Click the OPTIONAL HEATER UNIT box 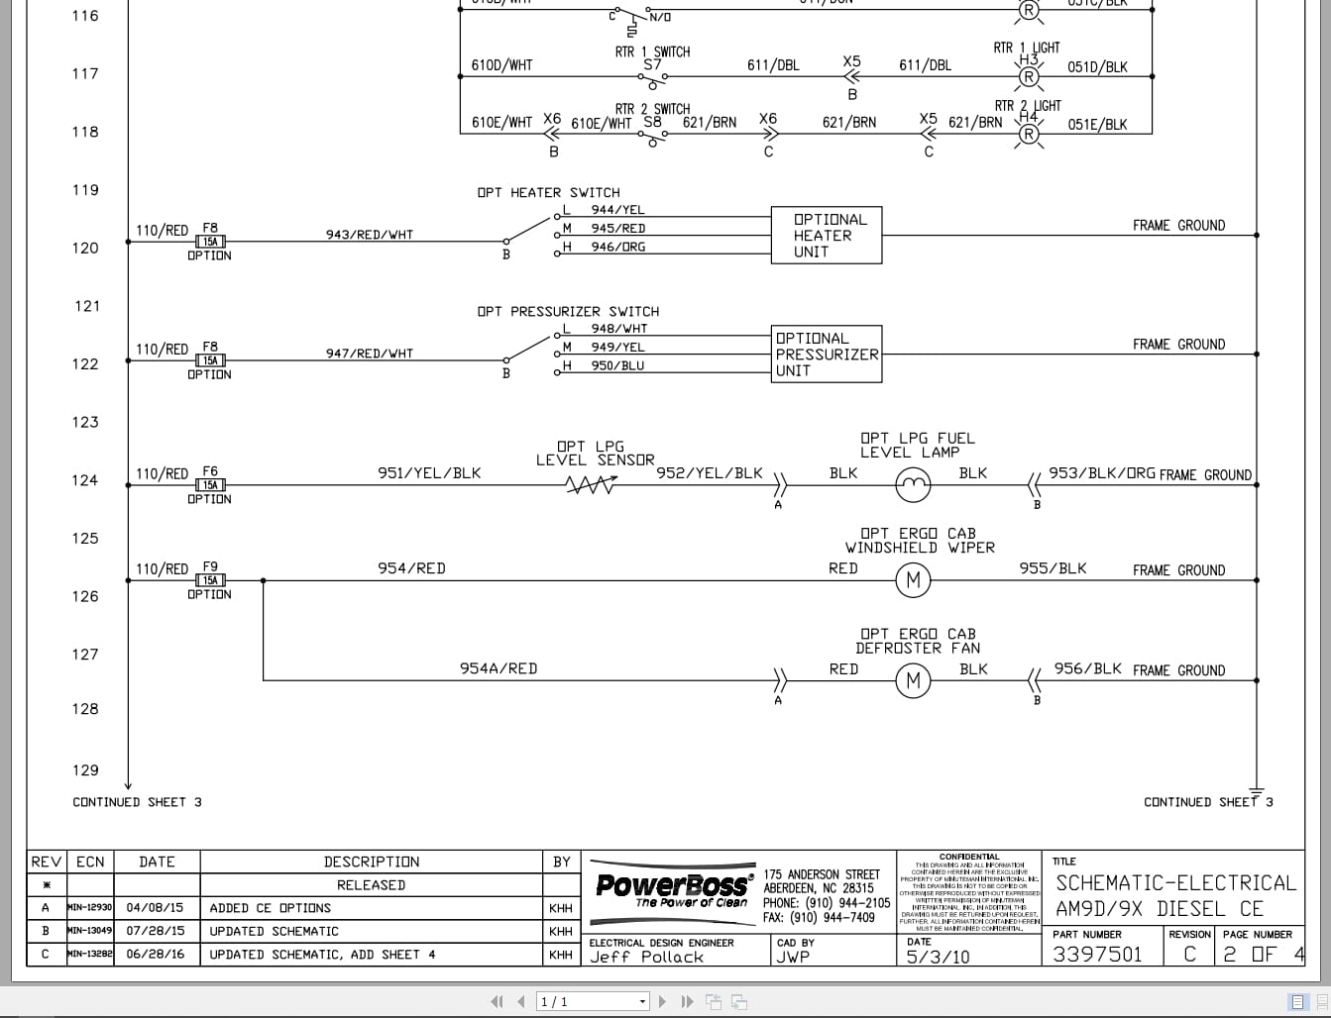(x=827, y=236)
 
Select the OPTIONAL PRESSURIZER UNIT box (x=827, y=355)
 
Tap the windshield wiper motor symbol (x=913, y=580)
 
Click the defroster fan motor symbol (x=913, y=680)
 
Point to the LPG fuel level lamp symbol (x=913, y=485)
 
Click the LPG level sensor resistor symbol (x=591, y=485)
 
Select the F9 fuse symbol (x=210, y=580)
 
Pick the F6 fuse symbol (x=210, y=485)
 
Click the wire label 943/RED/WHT (x=370, y=235)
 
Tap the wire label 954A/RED (x=499, y=668)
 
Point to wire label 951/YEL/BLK (x=429, y=473)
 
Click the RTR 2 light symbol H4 (x=1030, y=135)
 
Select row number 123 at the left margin (x=85, y=422)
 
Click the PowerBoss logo (x=673, y=886)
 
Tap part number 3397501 (x=1097, y=955)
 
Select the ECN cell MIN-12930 (x=89, y=907)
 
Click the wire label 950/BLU (x=617, y=365)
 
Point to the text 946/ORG (x=617, y=247)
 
